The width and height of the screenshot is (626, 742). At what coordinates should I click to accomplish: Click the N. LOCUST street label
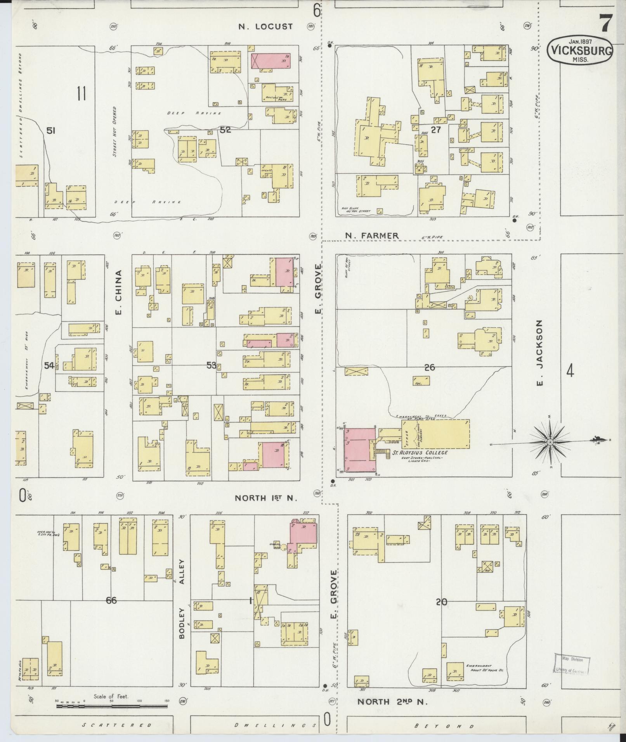[x=265, y=27]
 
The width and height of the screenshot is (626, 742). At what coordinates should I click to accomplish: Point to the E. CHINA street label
[x=119, y=292]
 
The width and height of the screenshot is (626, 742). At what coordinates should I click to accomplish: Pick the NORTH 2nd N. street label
[x=392, y=702]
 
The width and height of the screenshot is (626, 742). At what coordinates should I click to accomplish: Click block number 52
[x=225, y=130]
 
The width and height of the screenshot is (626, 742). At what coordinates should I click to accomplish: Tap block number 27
[x=436, y=130]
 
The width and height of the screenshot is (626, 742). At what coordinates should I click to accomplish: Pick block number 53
[x=212, y=365]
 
